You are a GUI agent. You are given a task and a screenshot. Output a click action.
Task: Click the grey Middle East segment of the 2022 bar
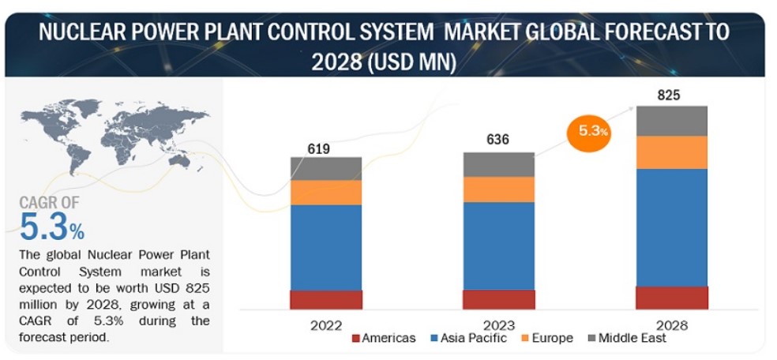[x=325, y=168]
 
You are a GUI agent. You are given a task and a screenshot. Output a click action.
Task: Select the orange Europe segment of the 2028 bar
[x=671, y=152]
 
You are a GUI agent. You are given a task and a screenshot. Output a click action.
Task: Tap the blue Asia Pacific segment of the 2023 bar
[x=498, y=246]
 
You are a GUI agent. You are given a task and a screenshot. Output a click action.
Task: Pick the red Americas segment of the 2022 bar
[x=325, y=299]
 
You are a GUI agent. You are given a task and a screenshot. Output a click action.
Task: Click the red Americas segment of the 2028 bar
[x=671, y=297]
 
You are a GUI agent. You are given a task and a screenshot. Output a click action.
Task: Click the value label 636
[x=497, y=140]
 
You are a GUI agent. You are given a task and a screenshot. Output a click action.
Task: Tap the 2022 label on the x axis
[x=326, y=324]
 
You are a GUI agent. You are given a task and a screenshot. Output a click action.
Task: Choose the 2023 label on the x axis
[x=498, y=324]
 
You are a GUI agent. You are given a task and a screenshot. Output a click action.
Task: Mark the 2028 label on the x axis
[x=671, y=324]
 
